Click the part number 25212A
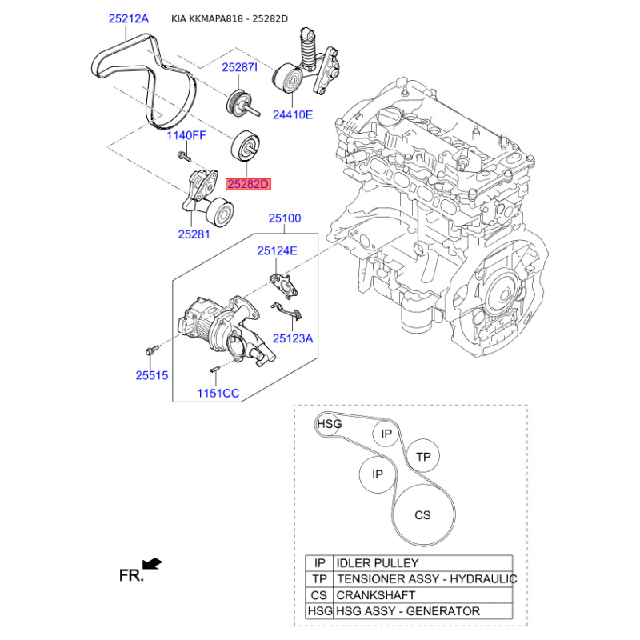click(129, 18)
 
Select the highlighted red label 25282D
click(248, 185)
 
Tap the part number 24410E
click(293, 114)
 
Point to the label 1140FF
click(186, 135)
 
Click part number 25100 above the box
click(285, 218)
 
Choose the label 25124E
click(277, 250)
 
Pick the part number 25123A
click(293, 338)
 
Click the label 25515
click(152, 375)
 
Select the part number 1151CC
click(218, 393)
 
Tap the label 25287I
click(239, 67)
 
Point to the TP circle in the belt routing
click(423, 456)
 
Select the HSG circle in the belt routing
click(329, 425)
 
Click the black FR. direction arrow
click(152, 564)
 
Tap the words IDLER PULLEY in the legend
click(377, 563)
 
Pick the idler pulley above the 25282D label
click(246, 147)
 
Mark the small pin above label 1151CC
click(215, 370)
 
